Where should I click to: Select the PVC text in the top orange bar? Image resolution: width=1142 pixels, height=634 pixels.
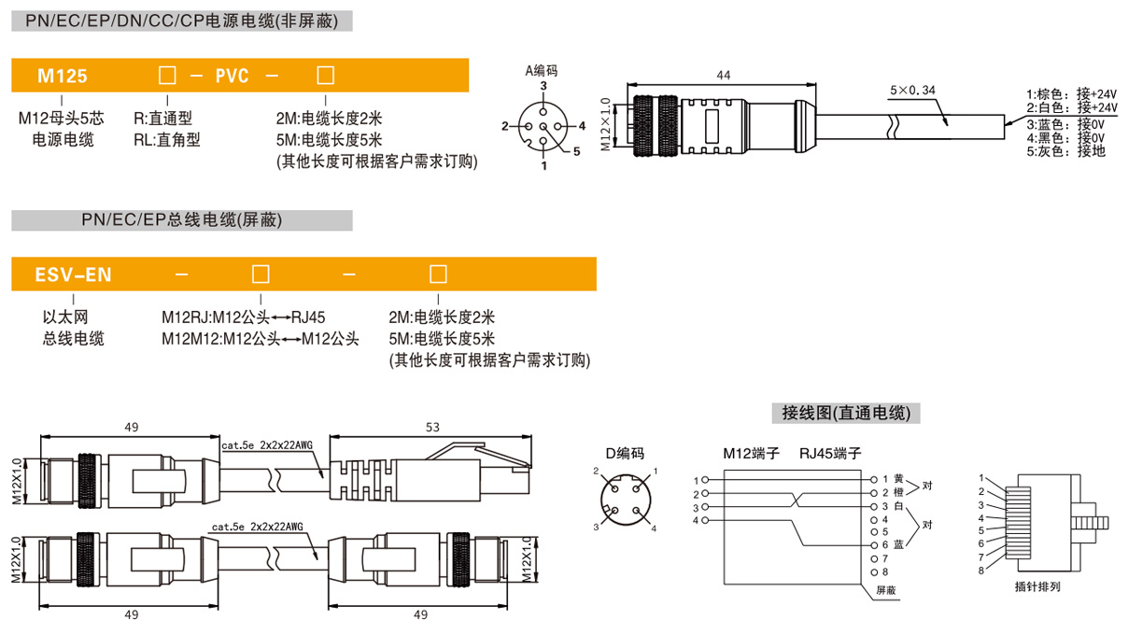click(233, 77)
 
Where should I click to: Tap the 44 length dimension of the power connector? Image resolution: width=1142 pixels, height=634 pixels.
click(724, 74)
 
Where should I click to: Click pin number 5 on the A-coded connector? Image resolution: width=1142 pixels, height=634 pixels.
click(576, 151)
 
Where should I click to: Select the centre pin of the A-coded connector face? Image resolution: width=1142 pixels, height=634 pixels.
click(543, 125)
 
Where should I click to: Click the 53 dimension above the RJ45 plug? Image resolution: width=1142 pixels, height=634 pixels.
click(431, 427)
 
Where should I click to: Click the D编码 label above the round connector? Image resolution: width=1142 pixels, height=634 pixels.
click(625, 454)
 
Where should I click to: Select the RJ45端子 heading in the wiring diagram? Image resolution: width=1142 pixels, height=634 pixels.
click(830, 454)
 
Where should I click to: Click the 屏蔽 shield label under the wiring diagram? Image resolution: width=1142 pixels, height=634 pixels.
click(885, 590)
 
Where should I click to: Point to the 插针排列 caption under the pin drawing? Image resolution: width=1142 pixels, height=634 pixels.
click(1036, 587)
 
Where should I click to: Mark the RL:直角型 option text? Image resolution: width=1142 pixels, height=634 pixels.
click(167, 140)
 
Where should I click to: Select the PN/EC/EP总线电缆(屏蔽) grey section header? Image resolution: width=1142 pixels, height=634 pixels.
click(182, 220)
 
